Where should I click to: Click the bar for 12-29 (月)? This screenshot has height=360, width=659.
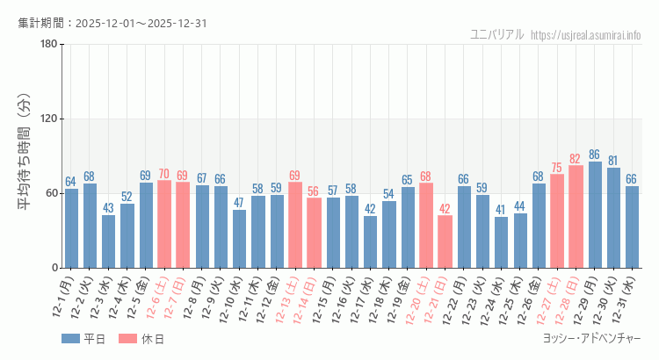pos(595,215)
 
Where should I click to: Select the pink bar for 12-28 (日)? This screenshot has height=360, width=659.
pos(576,217)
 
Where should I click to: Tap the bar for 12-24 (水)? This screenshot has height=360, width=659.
pos(501,242)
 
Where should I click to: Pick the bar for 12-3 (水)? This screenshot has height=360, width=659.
pos(108,241)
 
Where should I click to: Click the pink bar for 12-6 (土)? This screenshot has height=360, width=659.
pos(164,224)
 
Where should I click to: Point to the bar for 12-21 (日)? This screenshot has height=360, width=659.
pos(445,241)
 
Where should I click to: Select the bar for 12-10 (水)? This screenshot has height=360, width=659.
pos(239,239)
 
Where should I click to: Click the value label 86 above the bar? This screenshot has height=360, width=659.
pos(595,155)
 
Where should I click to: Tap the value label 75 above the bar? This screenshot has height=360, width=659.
pos(557,168)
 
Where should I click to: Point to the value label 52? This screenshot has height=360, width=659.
pos(127,197)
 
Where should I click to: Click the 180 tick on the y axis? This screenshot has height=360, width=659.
pos(49,45)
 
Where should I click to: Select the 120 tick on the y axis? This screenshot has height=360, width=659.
pos(49,119)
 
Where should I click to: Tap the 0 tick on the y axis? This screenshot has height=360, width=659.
pos(54,268)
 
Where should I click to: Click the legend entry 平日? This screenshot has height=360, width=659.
pos(83,339)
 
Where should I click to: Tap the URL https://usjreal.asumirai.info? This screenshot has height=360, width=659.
pos(587,35)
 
